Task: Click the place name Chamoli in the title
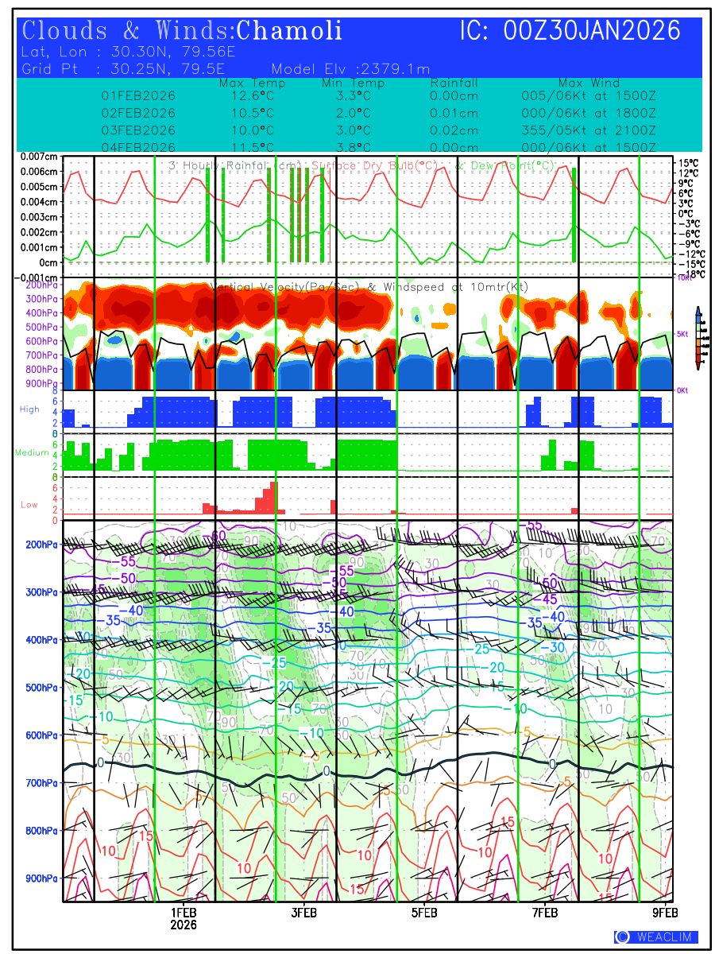point(289,31)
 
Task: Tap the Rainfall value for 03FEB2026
point(454,130)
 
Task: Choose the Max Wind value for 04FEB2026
point(589,148)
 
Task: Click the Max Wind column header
point(589,83)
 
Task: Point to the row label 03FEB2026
point(138,130)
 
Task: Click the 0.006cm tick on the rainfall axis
point(40,172)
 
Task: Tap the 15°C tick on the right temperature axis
point(688,163)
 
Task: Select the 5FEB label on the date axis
point(424,913)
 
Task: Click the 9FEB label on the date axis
point(665,913)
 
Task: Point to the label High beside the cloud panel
point(29,409)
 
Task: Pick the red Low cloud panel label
point(29,505)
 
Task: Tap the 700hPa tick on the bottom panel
point(41,783)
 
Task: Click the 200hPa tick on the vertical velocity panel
point(40,285)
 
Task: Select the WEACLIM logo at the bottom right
point(656,937)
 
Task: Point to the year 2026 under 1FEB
point(184,925)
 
